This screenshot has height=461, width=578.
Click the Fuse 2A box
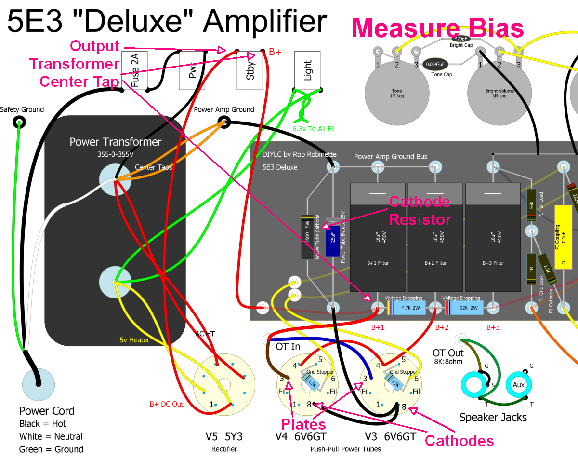click(x=135, y=70)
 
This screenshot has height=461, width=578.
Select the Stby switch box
click(x=250, y=70)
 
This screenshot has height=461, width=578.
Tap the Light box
click(x=308, y=70)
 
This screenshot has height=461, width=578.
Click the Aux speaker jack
click(x=518, y=385)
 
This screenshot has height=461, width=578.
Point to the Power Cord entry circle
click(x=38, y=384)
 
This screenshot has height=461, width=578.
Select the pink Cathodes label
click(x=459, y=440)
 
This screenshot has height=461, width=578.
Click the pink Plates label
click(x=303, y=424)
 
